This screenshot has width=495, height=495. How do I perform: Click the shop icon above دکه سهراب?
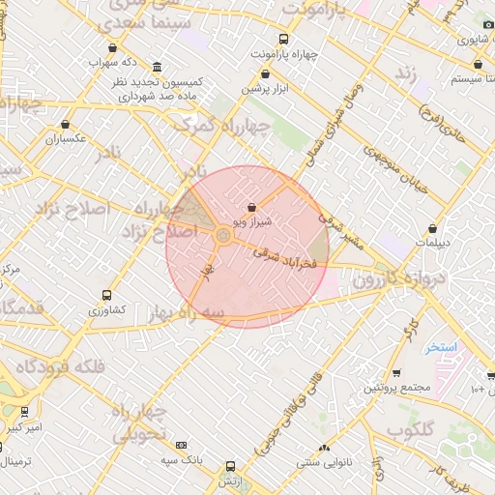[114, 47]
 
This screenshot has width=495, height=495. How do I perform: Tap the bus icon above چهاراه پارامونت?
[282, 40]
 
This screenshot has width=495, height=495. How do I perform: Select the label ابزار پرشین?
[269, 89]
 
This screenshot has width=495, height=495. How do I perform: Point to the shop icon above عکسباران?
[66, 125]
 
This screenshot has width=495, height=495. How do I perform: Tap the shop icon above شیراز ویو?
[252, 207]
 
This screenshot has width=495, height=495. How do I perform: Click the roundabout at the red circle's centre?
[223, 235]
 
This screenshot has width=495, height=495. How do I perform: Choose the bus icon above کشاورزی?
[106, 296]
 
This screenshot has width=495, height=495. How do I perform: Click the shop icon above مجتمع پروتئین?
[396, 373]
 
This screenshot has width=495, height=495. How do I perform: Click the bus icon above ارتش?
[229, 465]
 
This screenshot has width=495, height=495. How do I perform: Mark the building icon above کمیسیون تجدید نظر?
[157, 67]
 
